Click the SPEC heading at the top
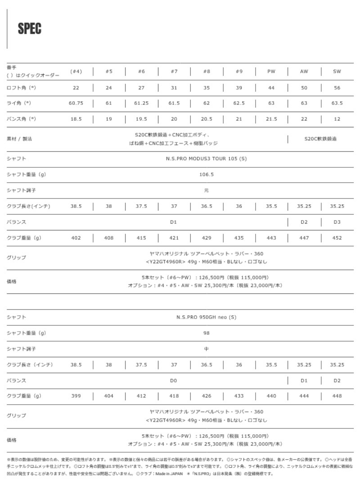coord(30,29)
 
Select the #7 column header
coord(174,72)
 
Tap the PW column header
coord(271,72)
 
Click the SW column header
coord(337,72)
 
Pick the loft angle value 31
coord(174,88)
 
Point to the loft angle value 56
coord(337,88)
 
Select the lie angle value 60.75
coord(76,103)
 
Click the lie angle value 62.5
coord(239,103)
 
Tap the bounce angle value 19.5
coord(141,119)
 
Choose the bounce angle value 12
coord(337,119)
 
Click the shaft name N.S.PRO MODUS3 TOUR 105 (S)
coord(206,158)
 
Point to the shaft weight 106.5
coord(206,174)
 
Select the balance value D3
coord(337,222)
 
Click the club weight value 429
coord(206,238)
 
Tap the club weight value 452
coord(337,238)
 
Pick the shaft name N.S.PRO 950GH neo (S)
coord(206,317)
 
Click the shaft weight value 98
coord(206,333)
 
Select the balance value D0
coord(174,380)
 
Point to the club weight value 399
coord(76,396)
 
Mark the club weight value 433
coord(239,396)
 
